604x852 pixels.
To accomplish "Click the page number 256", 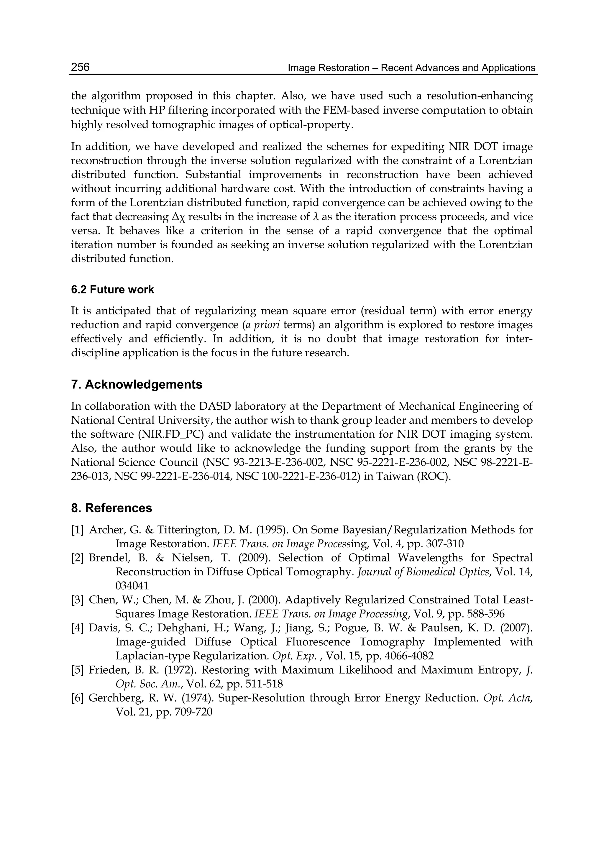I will (80, 67).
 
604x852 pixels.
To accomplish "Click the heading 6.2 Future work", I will (112, 289).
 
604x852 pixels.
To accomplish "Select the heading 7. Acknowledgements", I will (137, 384).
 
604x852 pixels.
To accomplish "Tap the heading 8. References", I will (111, 508).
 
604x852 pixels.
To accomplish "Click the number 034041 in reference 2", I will (132, 586).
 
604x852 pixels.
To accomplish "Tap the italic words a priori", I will (262, 325).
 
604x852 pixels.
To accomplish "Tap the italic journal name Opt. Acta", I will (507, 698).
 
